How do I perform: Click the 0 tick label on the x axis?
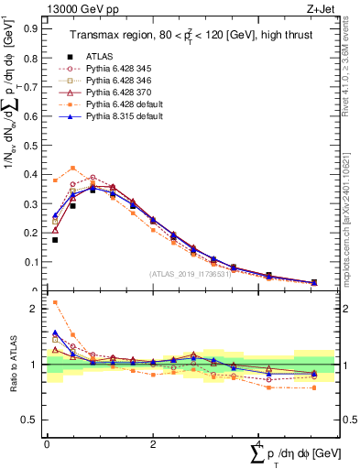(47, 443)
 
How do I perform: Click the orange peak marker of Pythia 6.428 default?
(73, 168)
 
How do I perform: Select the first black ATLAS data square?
(55, 240)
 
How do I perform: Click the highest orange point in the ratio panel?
(55, 302)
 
